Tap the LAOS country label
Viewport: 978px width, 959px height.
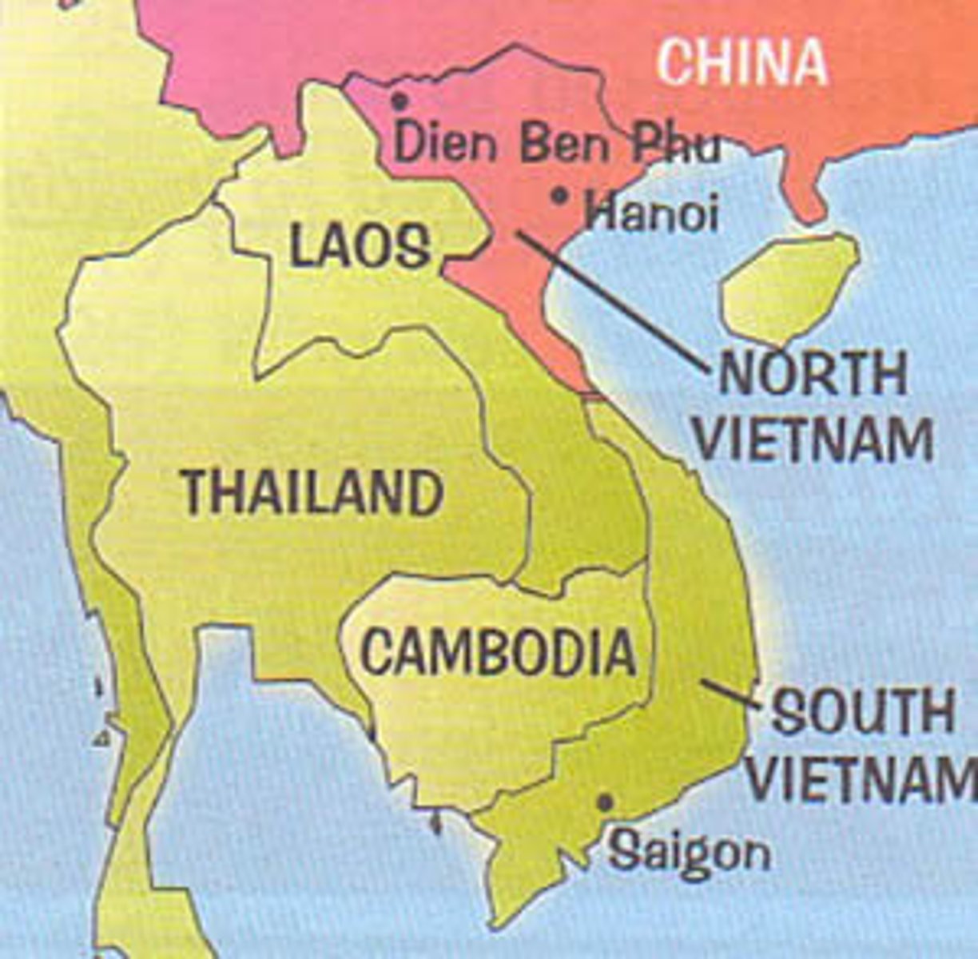click(360, 245)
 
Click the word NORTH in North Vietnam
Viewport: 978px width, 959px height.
click(813, 373)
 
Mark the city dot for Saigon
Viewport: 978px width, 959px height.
click(605, 801)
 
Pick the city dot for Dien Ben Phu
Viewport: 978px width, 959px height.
click(400, 101)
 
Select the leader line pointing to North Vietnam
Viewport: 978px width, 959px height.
click(611, 300)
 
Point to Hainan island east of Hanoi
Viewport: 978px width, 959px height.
click(787, 288)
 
